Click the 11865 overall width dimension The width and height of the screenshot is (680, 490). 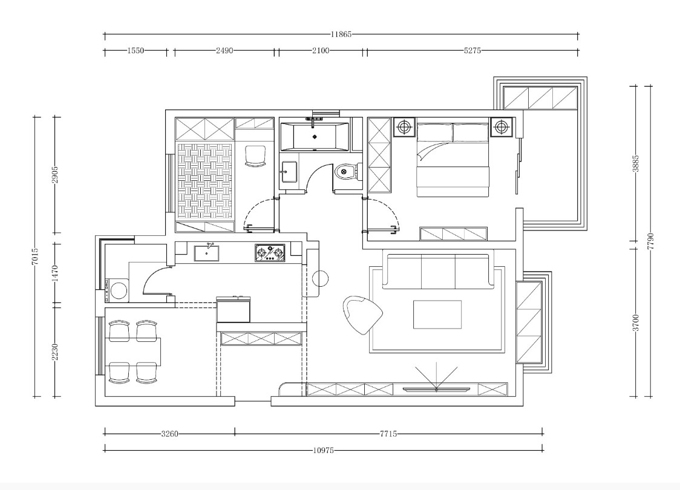click(341, 34)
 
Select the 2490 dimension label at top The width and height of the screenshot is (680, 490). click(224, 50)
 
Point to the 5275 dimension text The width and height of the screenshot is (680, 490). click(472, 50)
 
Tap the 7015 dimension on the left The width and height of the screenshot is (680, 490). click(36, 256)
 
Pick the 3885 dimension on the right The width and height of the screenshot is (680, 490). click(636, 164)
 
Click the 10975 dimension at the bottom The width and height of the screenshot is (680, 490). click(323, 450)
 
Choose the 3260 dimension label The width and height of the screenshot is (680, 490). click(169, 434)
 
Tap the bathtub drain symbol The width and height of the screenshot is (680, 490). click(315, 137)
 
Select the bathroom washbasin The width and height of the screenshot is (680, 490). click(289, 172)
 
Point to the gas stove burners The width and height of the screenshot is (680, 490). click(270, 253)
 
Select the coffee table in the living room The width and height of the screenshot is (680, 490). click(437, 315)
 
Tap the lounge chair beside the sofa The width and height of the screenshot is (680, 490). click(362, 314)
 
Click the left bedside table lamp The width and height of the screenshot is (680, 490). click(404, 127)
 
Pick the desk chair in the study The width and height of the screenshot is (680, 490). click(255, 156)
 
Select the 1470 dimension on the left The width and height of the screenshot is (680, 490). click(55, 273)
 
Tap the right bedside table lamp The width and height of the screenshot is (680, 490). click(502, 127)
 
